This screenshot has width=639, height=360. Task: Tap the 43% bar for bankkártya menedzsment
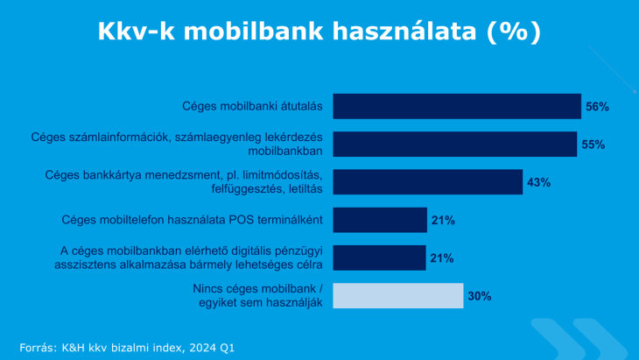click(x=428, y=182)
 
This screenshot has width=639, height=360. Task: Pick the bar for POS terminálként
click(x=380, y=220)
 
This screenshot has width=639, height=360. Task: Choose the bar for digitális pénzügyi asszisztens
click(x=380, y=258)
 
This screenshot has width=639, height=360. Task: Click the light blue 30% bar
click(x=398, y=296)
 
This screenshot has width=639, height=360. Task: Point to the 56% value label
click(x=597, y=107)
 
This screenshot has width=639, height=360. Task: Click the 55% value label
click(x=593, y=145)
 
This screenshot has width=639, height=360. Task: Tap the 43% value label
click(x=538, y=183)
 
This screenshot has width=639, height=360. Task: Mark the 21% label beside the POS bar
click(x=442, y=221)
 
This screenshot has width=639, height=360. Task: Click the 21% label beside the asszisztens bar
click(x=442, y=258)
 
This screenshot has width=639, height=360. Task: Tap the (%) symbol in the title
click(x=513, y=32)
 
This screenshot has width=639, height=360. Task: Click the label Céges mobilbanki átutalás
click(x=253, y=107)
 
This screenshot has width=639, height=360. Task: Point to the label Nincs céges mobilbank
click(x=258, y=289)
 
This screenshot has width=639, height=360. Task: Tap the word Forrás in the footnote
click(x=39, y=348)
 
